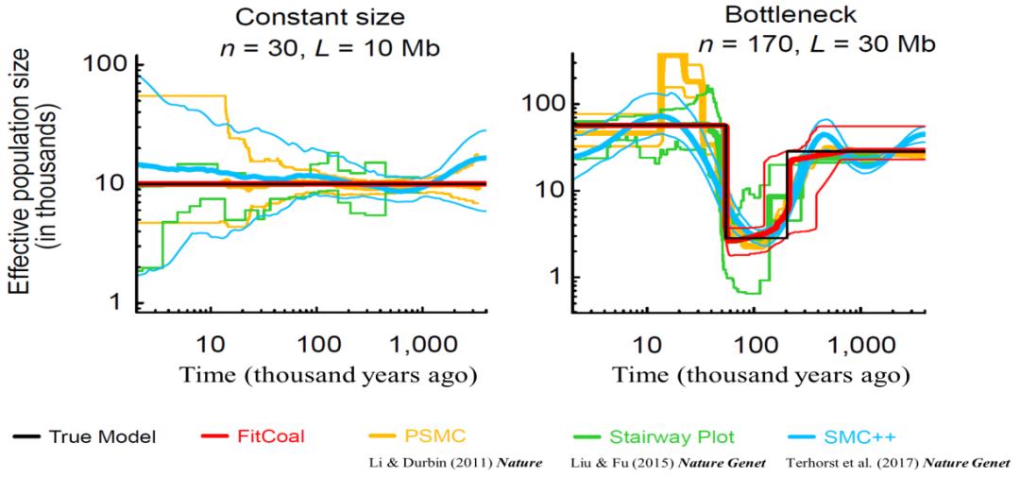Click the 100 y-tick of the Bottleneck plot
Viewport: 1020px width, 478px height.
(x=543, y=102)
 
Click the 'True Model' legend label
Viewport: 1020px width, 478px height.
(x=102, y=436)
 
